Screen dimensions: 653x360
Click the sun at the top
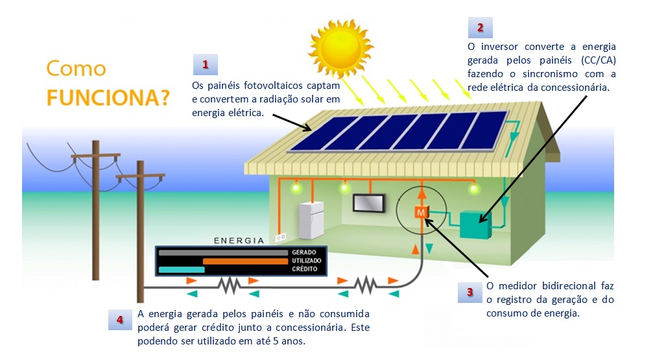340,48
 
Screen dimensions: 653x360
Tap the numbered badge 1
206,65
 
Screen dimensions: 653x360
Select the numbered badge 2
480,27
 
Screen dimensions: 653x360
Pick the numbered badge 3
469,292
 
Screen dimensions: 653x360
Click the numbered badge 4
120,320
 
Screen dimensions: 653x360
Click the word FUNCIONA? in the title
108,98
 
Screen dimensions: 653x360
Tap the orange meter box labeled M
421,213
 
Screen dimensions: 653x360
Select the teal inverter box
475,224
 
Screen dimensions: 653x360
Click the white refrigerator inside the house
311,220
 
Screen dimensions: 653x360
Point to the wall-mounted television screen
369,203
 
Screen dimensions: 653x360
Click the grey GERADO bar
223,252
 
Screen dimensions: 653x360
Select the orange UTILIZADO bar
245,261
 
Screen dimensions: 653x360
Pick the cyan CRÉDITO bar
182,270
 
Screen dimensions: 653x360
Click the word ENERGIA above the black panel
239,241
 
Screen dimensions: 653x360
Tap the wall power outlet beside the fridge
281,237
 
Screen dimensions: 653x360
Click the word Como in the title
77,68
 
